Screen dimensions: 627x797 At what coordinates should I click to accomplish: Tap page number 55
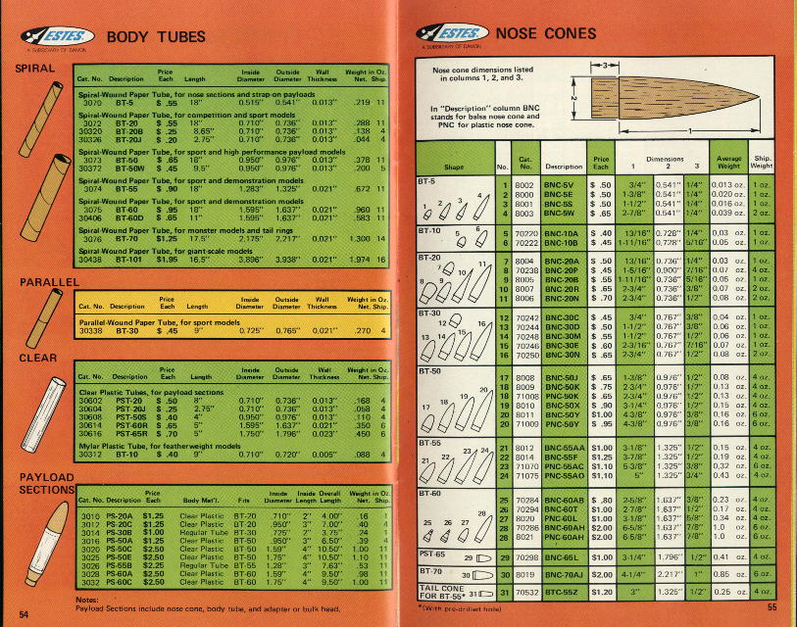coord(772,607)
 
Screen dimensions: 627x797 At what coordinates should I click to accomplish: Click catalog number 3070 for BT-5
coord(93,102)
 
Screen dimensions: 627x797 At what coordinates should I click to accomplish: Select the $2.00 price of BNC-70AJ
coord(601,573)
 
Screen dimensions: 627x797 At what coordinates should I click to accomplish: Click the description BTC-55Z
coord(560,594)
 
